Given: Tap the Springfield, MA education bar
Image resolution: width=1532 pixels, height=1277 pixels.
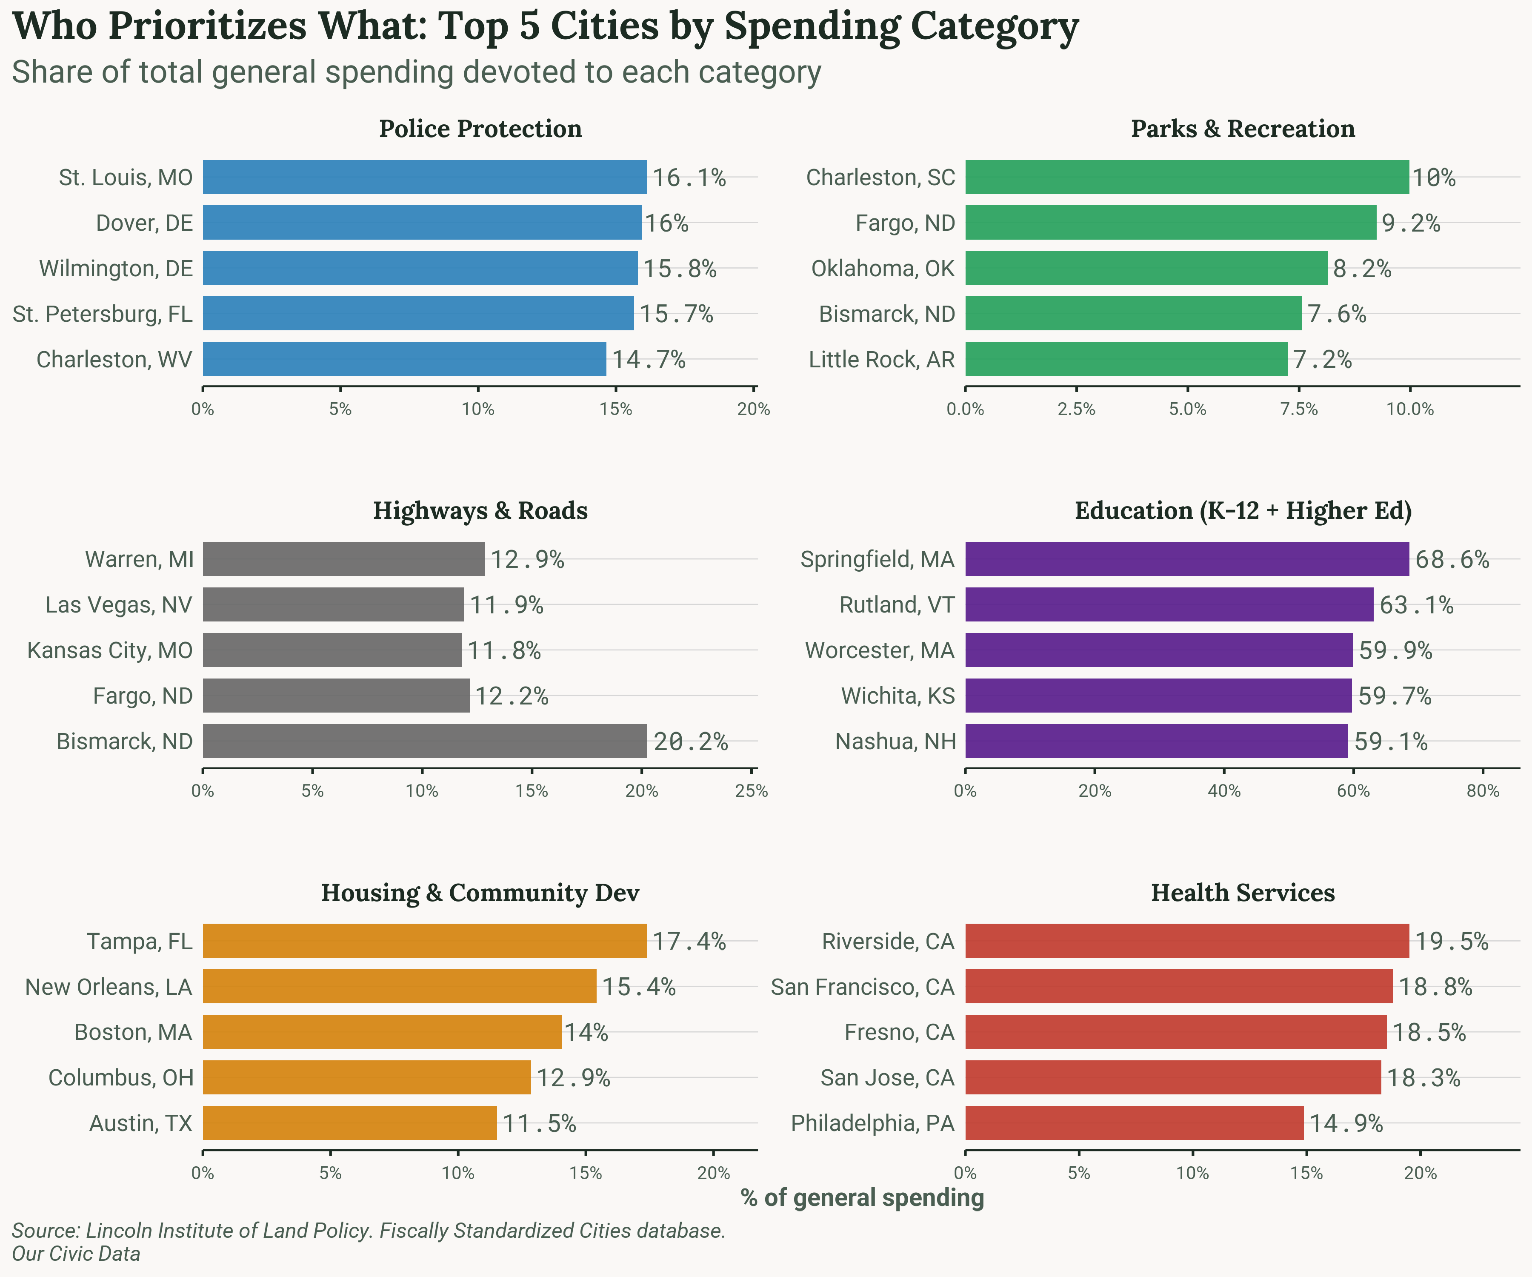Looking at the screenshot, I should point(1187,559).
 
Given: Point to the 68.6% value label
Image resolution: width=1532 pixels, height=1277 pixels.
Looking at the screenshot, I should point(1452,560).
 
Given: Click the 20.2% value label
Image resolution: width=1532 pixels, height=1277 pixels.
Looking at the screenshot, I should point(690,742).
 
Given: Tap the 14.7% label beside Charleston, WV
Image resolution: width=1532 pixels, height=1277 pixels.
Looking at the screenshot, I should point(649,360).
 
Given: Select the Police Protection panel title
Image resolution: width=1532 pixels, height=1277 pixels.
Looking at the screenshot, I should point(480,129).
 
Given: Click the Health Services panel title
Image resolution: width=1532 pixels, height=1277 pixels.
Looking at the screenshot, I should point(1242,893).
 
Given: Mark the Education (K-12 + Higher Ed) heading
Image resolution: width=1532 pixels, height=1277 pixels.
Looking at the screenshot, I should point(1242,511).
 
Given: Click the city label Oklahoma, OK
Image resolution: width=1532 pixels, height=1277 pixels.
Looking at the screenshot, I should point(883,269).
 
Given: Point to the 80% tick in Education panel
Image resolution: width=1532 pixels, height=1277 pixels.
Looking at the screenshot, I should point(1482,791).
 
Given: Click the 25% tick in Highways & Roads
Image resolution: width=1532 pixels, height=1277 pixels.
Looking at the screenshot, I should point(752,791).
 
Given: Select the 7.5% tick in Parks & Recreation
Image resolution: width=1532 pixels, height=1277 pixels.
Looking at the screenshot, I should point(1298,409).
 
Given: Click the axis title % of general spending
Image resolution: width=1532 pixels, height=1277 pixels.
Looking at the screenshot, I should point(862,1198).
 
